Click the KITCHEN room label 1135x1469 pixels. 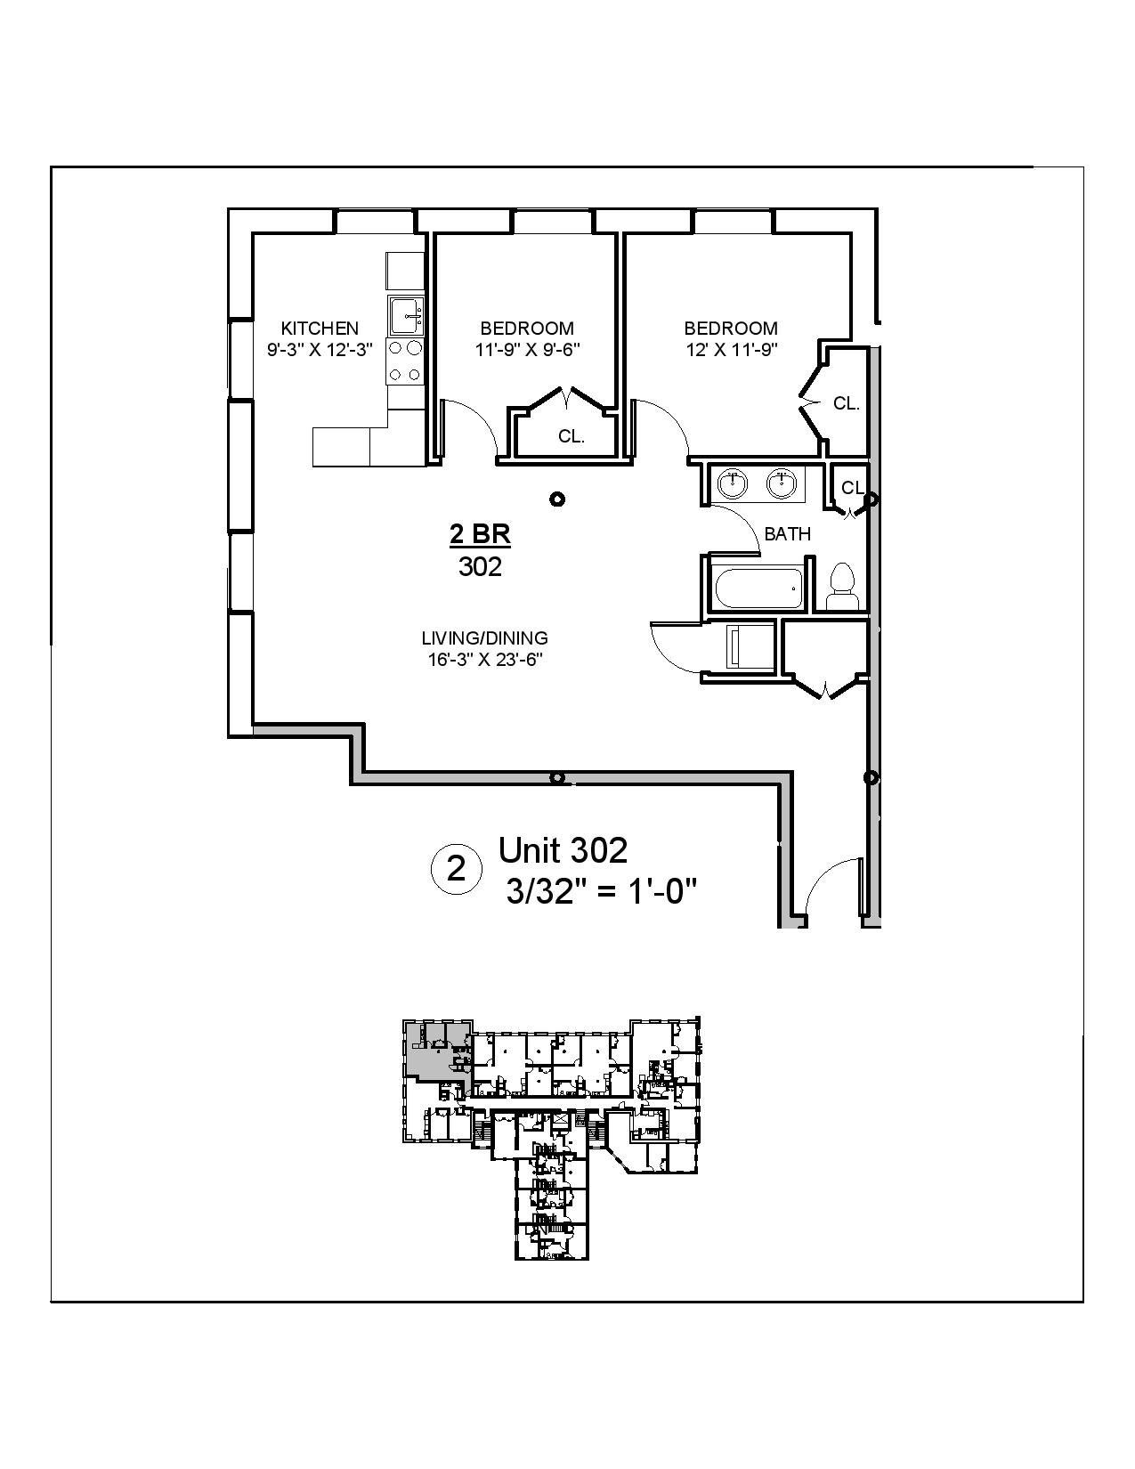point(320,328)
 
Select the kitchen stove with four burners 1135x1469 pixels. point(406,361)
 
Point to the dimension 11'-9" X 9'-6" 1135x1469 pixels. point(527,350)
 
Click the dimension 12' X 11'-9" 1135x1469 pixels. point(731,350)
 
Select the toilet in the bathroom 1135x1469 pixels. point(840,587)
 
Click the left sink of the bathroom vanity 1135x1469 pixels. point(733,484)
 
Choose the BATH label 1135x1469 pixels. point(788,534)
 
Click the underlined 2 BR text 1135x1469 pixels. point(480,535)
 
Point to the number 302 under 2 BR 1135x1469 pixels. point(480,566)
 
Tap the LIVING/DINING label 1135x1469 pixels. point(484,638)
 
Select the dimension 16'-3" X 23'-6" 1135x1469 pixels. point(484,660)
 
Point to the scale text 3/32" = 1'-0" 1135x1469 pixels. point(600,891)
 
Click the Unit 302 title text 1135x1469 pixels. point(563,850)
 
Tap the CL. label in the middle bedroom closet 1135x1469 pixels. point(572,436)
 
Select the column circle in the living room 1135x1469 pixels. point(557,499)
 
